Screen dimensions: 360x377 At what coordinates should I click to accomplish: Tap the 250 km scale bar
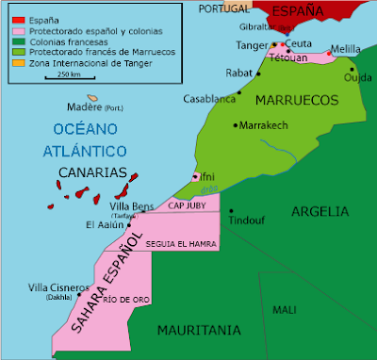pos(68,79)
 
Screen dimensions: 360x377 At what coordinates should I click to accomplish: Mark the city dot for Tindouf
pos(231,211)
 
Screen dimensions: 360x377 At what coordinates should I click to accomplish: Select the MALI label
pos(284,309)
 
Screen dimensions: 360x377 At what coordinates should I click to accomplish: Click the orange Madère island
pos(93,97)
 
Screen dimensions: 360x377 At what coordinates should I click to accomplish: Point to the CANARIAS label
pos(91,172)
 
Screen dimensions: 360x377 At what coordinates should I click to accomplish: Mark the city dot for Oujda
pos(352,69)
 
